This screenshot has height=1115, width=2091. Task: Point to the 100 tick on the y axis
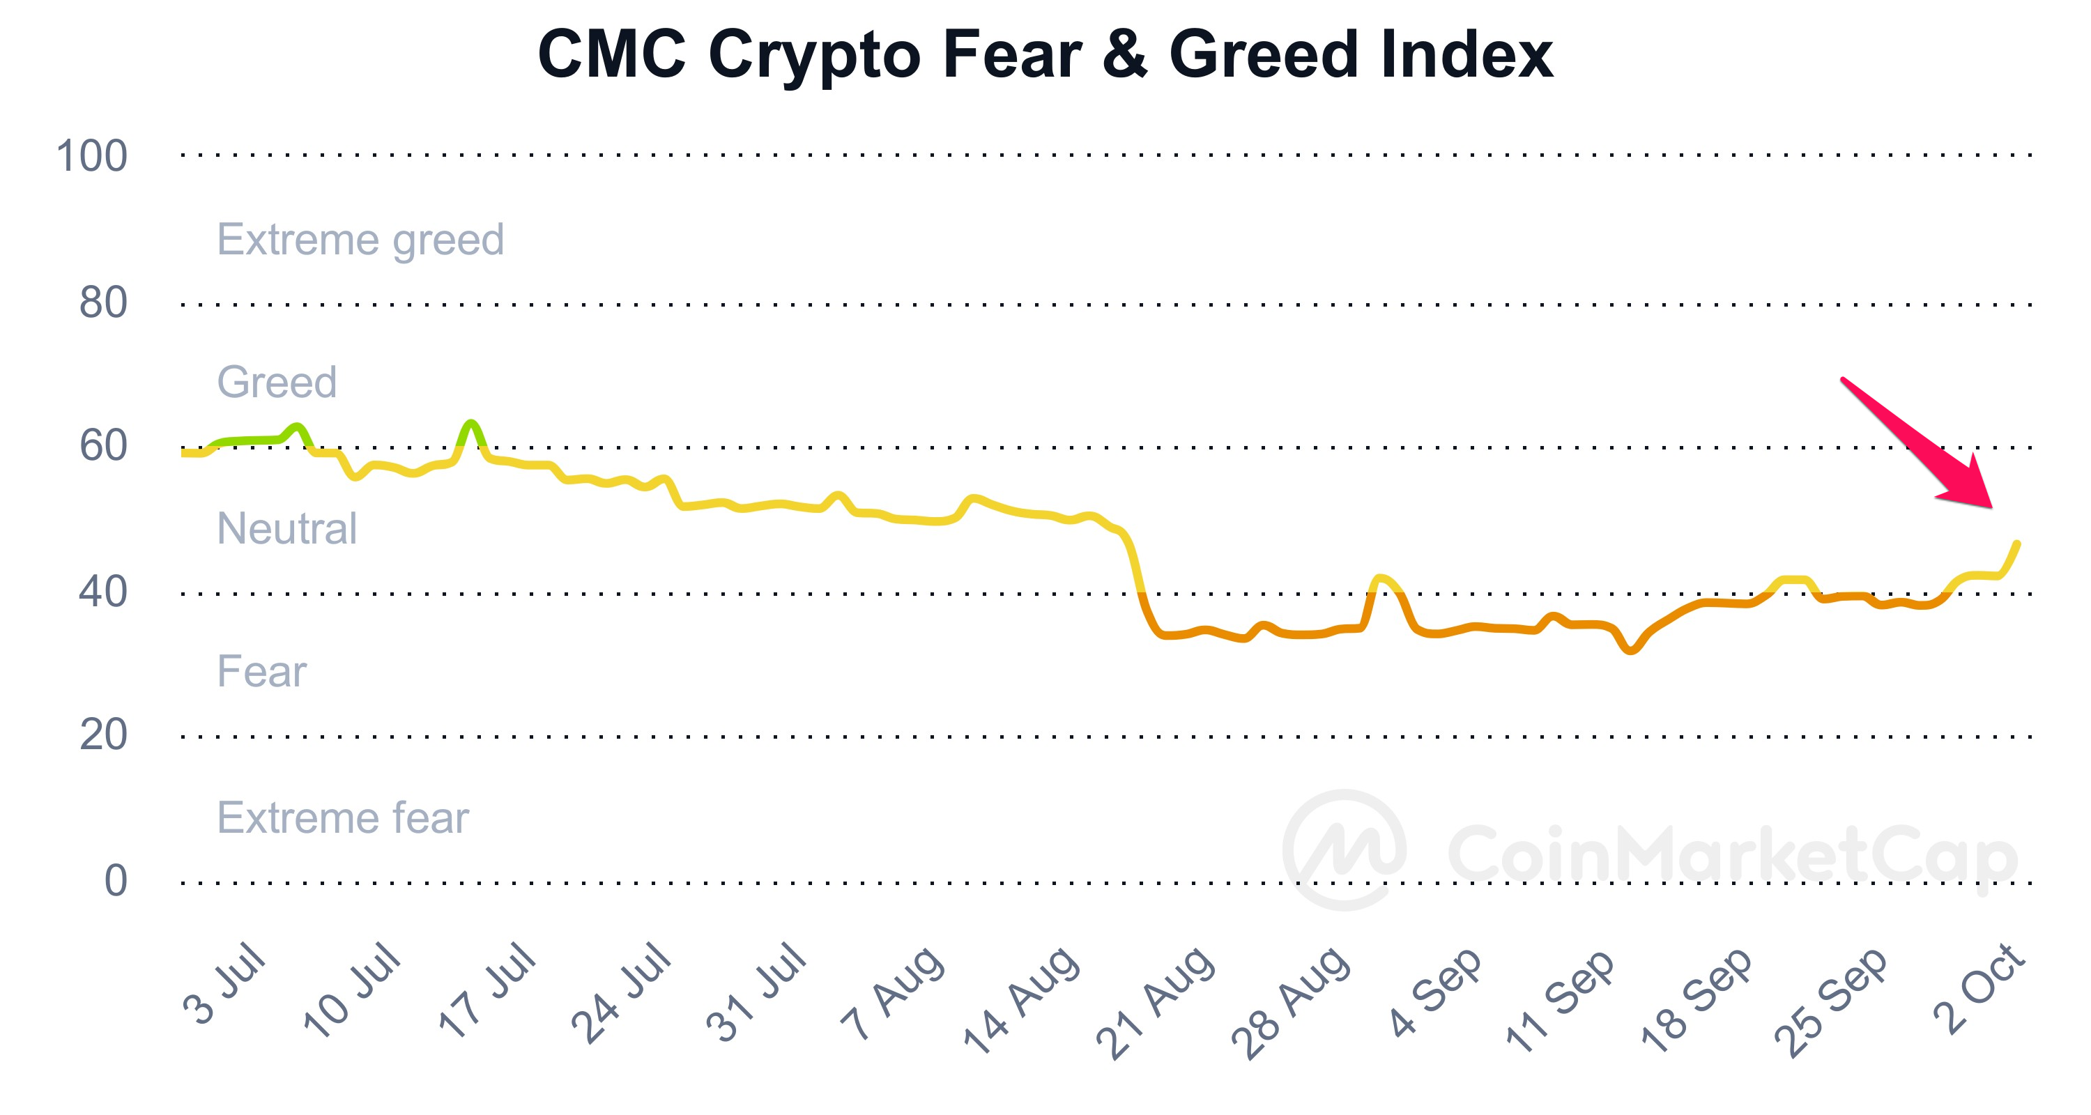point(92,156)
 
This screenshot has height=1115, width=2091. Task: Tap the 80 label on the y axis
point(103,302)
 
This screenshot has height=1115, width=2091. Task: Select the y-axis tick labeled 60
point(103,445)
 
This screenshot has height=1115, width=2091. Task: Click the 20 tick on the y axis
point(103,735)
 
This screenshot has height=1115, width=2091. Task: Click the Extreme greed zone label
point(360,240)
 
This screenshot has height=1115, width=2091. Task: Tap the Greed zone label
point(277,382)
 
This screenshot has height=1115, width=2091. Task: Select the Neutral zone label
point(286,528)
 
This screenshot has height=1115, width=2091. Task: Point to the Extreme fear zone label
point(342,817)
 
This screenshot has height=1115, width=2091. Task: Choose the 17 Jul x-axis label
point(488,990)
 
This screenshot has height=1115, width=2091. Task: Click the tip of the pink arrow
point(1991,507)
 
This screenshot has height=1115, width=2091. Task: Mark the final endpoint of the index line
point(2017,544)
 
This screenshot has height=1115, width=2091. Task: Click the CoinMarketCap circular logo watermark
point(1345,849)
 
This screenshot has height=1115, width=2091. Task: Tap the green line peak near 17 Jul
point(470,423)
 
